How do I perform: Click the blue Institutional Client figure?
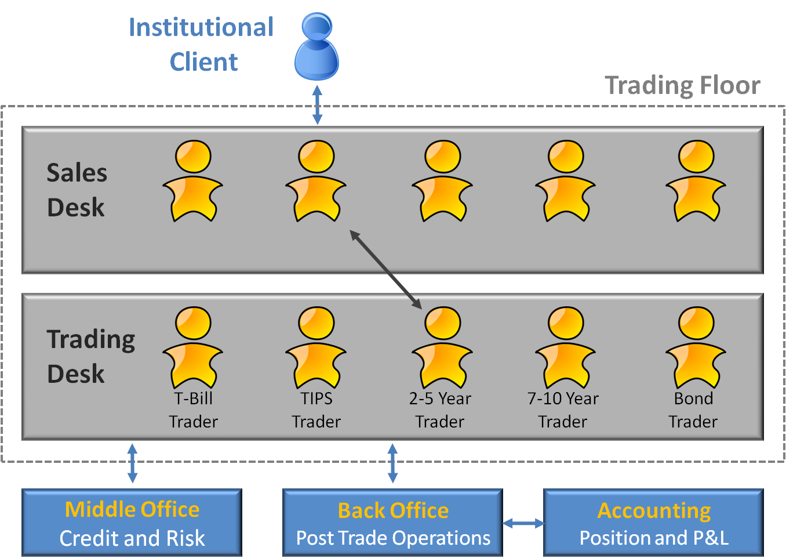(316, 49)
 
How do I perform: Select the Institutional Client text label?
(202, 45)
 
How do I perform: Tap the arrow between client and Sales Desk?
(317, 105)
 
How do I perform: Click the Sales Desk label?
(77, 190)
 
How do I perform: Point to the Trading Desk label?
(90, 356)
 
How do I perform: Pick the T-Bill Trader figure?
(193, 348)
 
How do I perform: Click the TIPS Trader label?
(316, 410)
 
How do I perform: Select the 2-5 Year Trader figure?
(442, 348)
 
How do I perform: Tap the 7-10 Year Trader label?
(563, 410)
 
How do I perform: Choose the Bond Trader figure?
(696, 348)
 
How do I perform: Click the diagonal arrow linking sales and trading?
(386, 269)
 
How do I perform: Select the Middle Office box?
(132, 523)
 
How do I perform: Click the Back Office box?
(393, 523)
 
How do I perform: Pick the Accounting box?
(654, 523)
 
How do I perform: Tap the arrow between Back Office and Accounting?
(523, 524)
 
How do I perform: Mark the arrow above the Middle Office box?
(132, 463)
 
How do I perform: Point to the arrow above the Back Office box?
(392, 463)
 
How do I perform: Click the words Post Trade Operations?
(393, 538)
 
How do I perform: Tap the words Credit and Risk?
(132, 538)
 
